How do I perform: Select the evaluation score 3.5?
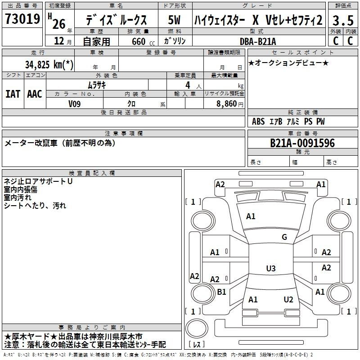coord(342,20)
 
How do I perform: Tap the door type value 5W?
coord(175,20)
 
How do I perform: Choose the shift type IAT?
coord(12,94)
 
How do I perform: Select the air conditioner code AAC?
coord(34,94)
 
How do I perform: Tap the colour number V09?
coord(74,103)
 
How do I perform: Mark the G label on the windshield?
coord(284,237)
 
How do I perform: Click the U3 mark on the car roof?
coord(270,269)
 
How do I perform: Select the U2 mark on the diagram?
coord(288,300)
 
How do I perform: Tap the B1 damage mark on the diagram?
coord(221,292)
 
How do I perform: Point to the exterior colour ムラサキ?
coord(96,84)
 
